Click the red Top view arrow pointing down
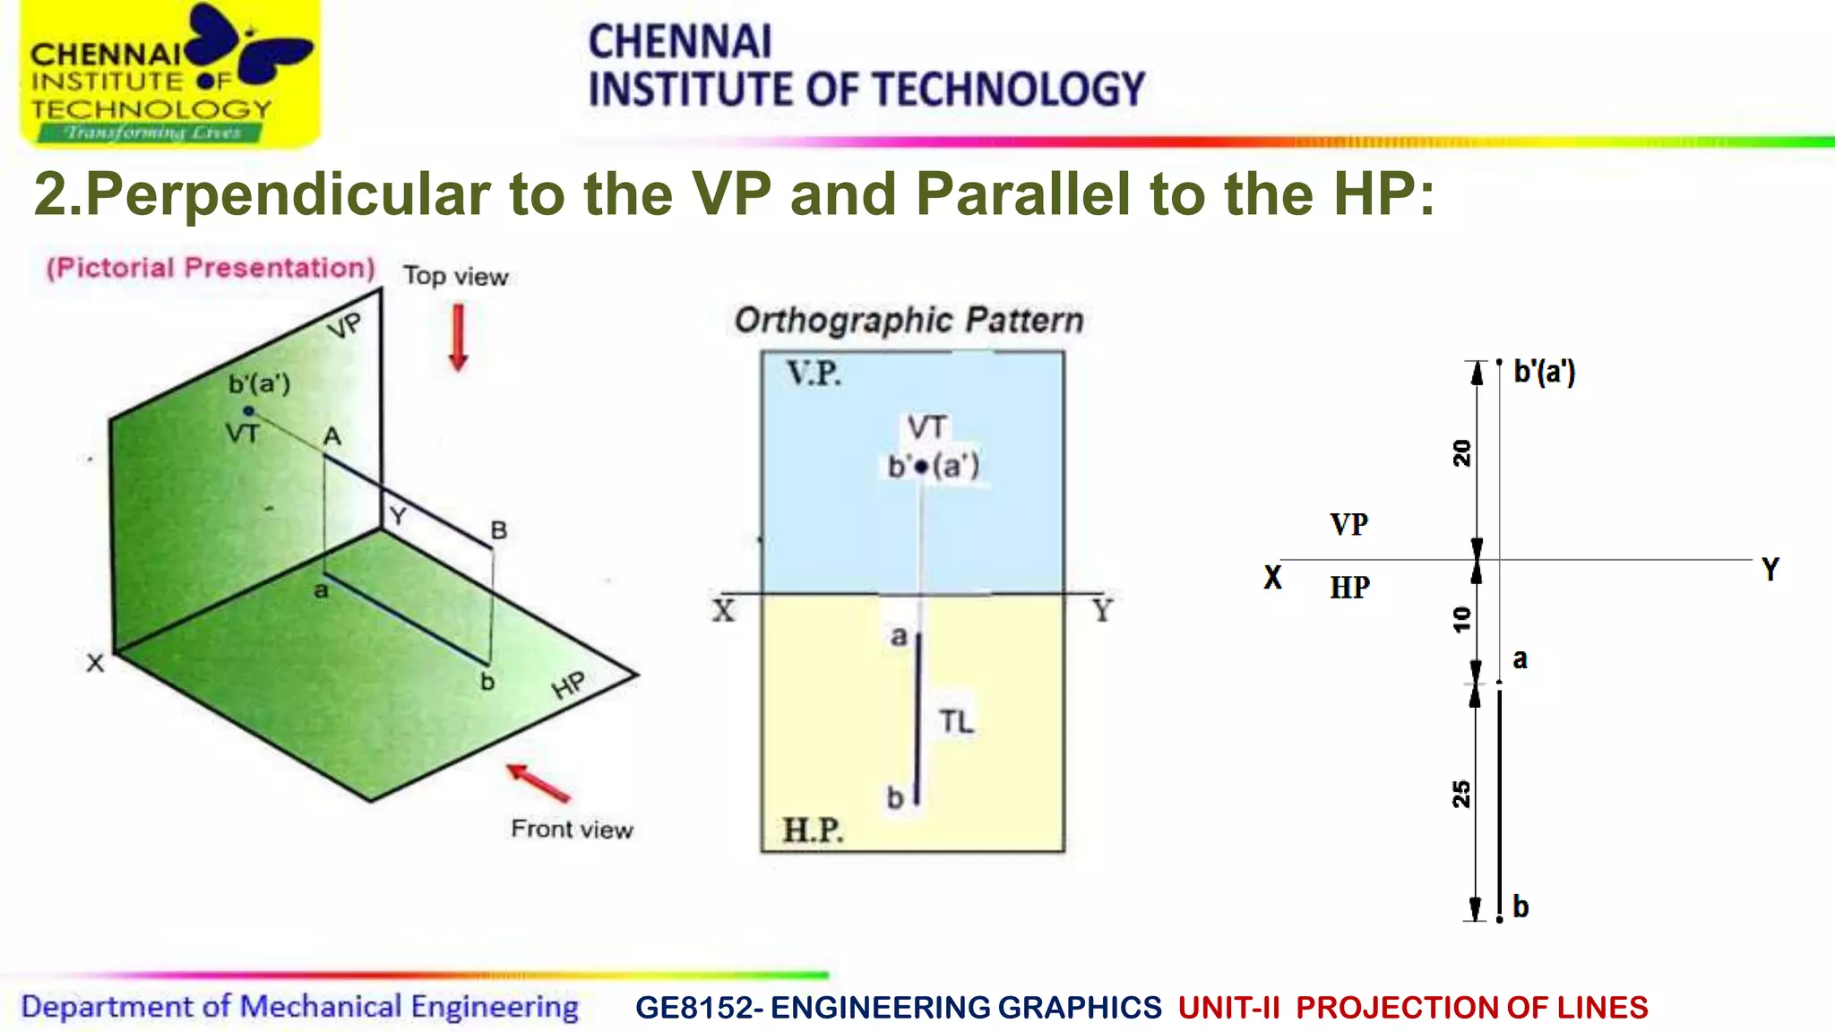click(458, 338)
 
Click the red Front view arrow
click(538, 783)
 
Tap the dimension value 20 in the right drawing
click(1461, 453)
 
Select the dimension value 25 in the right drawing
click(1461, 794)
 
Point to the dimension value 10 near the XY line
click(1461, 619)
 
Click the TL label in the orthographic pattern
click(956, 721)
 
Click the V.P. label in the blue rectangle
click(814, 374)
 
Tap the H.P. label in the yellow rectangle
click(813, 830)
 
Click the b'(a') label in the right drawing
click(1544, 371)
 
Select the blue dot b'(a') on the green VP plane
click(249, 411)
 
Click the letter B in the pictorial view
click(498, 530)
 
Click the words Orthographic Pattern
click(909, 320)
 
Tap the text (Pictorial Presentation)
click(211, 268)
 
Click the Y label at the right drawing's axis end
click(1770, 570)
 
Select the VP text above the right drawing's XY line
click(1348, 524)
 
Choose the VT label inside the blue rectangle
click(926, 427)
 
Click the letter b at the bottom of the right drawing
click(1521, 907)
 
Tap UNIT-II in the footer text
click(1228, 1008)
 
